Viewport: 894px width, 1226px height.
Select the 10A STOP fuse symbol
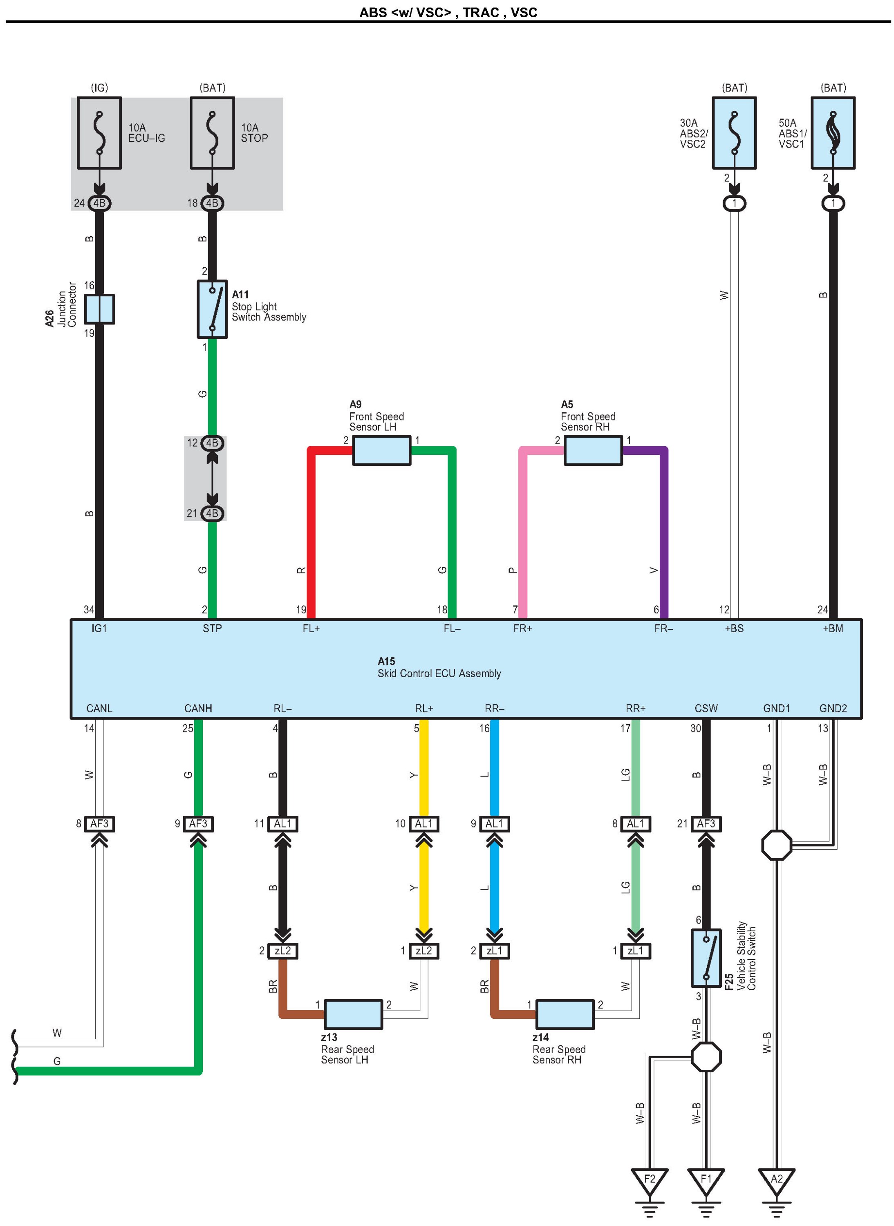pyautogui.click(x=212, y=133)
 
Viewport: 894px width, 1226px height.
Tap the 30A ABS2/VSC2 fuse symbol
pyautogui.click(x=734, y=133)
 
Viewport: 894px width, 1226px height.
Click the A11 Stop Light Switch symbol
pyautogui.click(x=212, y=309)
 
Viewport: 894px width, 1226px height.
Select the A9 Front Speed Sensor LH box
pyautogui.click(x=381, y=450)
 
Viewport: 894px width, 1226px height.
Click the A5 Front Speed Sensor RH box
pyautogui.click(x=593, y=450)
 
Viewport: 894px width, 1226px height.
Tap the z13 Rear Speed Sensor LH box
pyautogui.click(x=353, y=1014)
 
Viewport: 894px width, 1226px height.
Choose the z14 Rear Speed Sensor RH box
pyautogui.click(x=565, y=1014)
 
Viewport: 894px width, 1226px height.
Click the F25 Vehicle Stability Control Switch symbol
pyautogui.click(x=706, y=958)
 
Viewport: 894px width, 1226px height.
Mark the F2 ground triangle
pyautogui.click(x=650, y=1183)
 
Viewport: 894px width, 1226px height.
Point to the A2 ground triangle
pyautogui.click(x=777, y=1183)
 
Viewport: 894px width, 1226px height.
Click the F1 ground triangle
pyautogui.click(x=706, y=1183)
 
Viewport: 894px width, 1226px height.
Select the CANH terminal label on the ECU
pyautogui.click(x=198, y=708)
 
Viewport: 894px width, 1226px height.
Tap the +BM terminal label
pyautogui.click(x=833, y=628)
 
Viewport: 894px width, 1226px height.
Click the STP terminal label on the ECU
pyautogui.click(x=212, y=628)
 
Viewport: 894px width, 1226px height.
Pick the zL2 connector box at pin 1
pyautogui.click(x=424, y=951)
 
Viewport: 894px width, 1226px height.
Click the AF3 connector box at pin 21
pyautogui.click(x=706, y=823)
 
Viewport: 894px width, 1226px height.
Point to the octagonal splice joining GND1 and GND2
pyautogui.click(x=777, y=845)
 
